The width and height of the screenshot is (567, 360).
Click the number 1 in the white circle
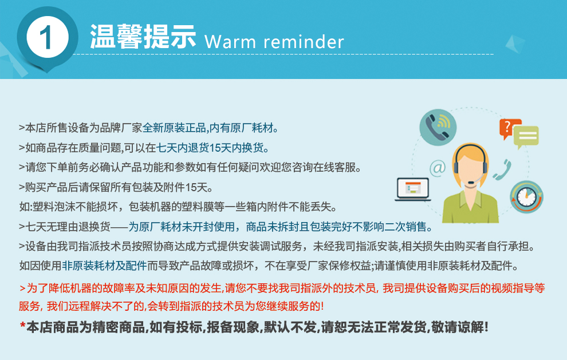pos(46,38)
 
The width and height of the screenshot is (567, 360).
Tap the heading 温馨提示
pos(143,37)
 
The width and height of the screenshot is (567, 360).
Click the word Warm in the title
pos(230,42)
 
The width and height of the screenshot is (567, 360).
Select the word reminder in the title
pos(304,42)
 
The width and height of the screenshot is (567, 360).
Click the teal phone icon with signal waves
pos(438,127)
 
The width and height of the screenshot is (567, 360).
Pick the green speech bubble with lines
pos(526,137)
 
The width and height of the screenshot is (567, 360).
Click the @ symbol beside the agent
pos(438,168)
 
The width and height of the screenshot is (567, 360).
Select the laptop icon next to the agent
pos(412,189)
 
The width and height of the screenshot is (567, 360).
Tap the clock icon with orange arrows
pos(526,197)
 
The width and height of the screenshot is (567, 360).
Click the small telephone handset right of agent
pos(503,170)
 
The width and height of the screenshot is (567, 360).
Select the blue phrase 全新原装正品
pos(174,128)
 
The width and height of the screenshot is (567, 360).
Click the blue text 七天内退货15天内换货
pos(212,148)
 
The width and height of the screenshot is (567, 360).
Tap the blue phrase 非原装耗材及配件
pos(104,266)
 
